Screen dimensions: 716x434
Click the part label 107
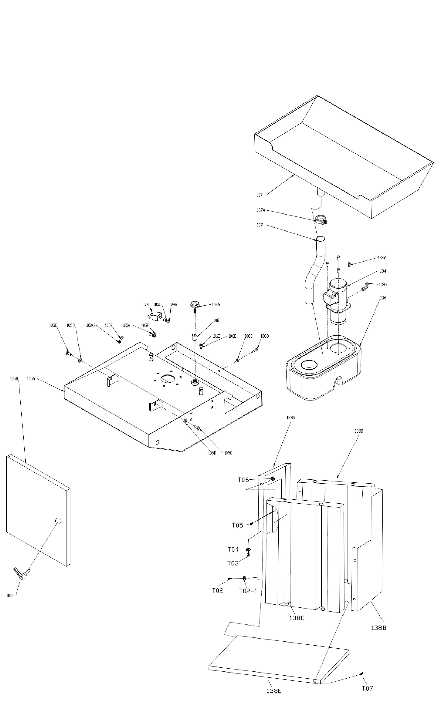(x=259, y=195)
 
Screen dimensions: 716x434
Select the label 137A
(x=261, y=210)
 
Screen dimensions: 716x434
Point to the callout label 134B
(x=383, y=284)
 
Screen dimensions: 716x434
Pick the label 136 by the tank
(x=383, y=298)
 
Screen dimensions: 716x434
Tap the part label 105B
(x=14, y=379)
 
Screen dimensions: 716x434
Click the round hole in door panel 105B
(x=58, y=520)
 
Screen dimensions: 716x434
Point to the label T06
(x=243, y=480)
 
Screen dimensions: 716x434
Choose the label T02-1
(x=248, y=591)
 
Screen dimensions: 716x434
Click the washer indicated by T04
(x=248, y=550)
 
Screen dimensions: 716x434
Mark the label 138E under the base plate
(x=274, y=691)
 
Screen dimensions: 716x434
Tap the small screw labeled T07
(x=362, y=674)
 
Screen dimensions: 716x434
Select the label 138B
(x=378, y=628)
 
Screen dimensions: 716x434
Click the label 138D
(x=359, y=431)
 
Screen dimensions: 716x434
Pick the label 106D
(x=264, y=336)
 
